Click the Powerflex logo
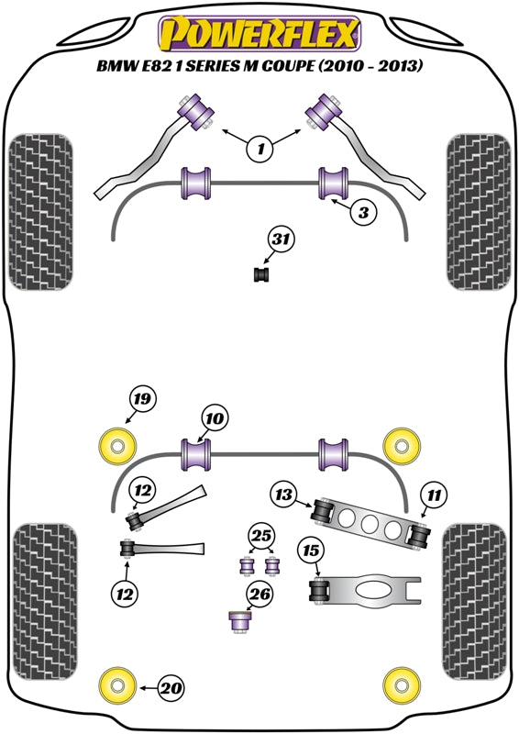click(x=258, y=35)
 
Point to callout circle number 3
click(x=364, y=213)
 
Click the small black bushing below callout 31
click(x=263, y=274)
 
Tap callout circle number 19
click(x=142, y=399)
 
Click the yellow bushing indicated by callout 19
click(x=116, y=446)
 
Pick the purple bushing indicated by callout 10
click(x=197, y=452)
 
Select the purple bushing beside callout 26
click(x=239, y=622)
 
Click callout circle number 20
click(x=171, y=685)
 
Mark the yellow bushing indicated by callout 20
click(x=116, y=684)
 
